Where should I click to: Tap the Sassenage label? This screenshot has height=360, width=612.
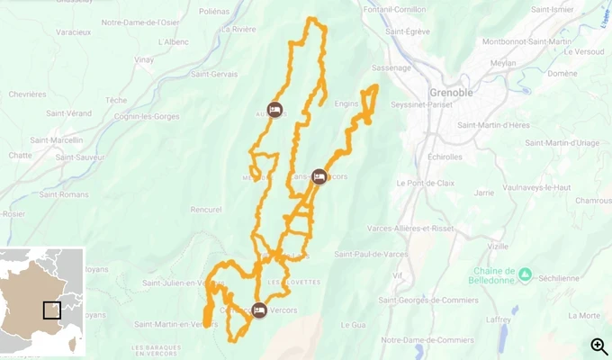391,67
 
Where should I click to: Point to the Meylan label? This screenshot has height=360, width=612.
504,64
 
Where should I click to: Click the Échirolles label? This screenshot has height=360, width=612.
432,157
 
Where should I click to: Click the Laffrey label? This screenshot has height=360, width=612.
499,319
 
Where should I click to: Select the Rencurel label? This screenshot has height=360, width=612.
206,209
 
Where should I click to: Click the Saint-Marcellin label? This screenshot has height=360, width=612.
57,140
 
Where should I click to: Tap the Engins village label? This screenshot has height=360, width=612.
346,104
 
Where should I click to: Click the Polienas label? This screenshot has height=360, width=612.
214,13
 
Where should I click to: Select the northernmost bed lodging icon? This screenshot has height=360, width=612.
275,110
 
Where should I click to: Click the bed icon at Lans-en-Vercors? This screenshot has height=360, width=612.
319,176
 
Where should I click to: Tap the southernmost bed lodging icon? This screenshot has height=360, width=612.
259,310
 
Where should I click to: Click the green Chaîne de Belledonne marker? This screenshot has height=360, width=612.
525,274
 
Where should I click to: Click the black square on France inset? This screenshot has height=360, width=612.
52,310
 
